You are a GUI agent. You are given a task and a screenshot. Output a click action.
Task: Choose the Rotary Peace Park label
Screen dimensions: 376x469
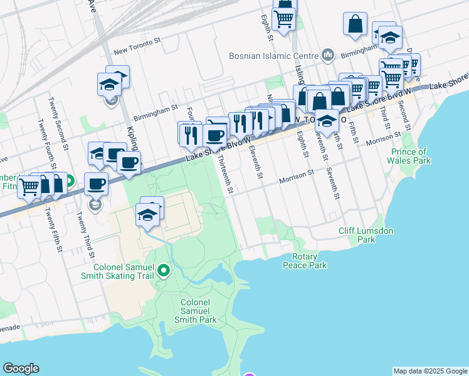310,261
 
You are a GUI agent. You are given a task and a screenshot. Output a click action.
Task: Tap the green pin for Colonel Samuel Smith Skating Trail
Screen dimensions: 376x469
164,271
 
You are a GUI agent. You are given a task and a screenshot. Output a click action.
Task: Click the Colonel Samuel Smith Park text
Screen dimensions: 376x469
199,311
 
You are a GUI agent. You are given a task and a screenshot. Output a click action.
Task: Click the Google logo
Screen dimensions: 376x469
21,368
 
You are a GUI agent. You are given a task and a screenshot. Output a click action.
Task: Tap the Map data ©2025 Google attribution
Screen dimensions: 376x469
430,371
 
